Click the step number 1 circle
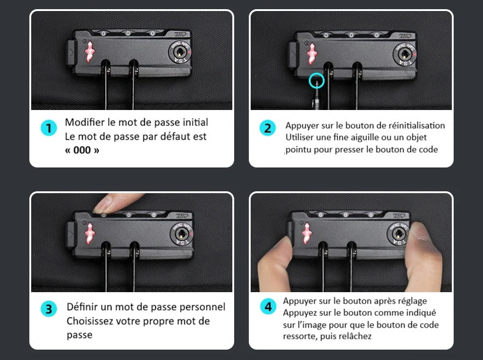(x=48, y=128)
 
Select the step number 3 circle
(x=48, y=309)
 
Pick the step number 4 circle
(x=268, y=306)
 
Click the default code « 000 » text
(x=82, y=150)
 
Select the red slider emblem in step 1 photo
(x=90, y=53)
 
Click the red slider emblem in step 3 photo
(x=92, y=233)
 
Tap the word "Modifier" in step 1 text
(x=84, y=122)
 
